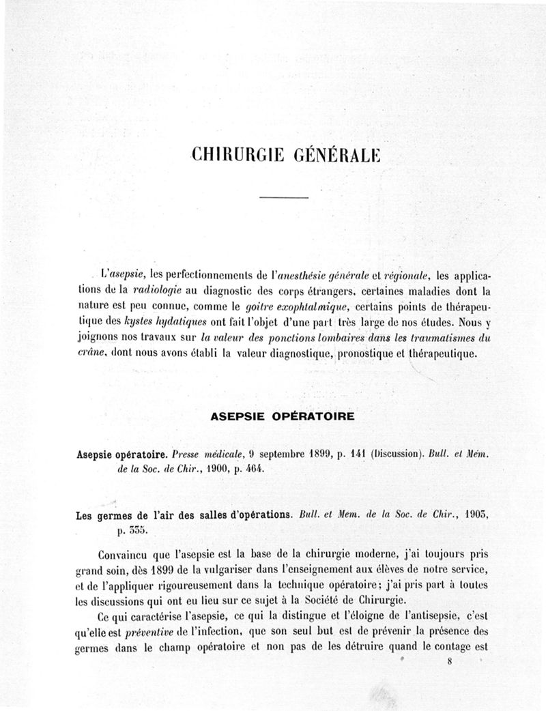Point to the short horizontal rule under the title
(x=285, y=198)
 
